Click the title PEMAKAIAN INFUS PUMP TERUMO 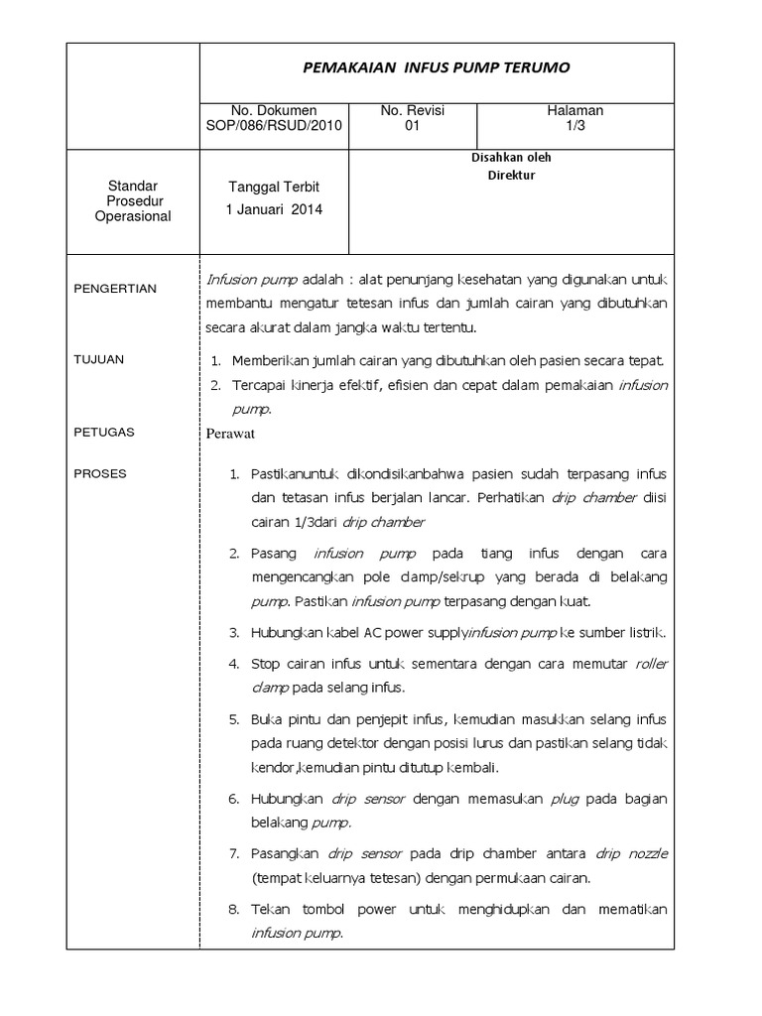pos(437,67)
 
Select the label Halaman pos(575,111)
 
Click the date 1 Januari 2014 pos(274,209)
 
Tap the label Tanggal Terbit pos(274,188)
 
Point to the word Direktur pos(511,176)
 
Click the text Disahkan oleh pos(511,158)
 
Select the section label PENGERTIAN pos(116,289)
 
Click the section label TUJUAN pos(99,359)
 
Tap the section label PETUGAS pos(104,433)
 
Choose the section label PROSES pos(101,473)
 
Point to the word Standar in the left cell pos(133,187)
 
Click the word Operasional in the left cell pos(133,216)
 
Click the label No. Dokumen pos(274,111)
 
